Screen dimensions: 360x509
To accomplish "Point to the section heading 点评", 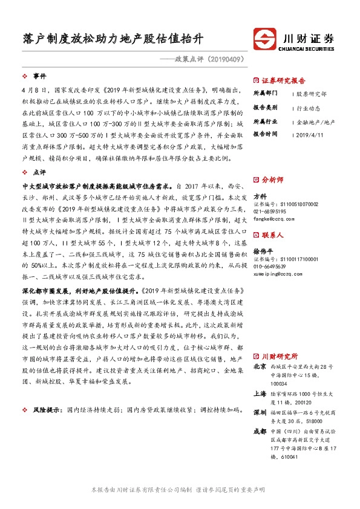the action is [x=40, y=172].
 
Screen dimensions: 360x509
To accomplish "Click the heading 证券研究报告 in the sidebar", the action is [x=283, y=80].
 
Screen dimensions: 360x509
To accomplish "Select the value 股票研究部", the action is [x=312, y=94].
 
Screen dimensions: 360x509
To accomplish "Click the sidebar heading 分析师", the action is [x=272, y=180].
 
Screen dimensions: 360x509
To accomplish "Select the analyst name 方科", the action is [x=260, y=197].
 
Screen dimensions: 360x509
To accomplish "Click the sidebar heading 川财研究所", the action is [x=280, y=356].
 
